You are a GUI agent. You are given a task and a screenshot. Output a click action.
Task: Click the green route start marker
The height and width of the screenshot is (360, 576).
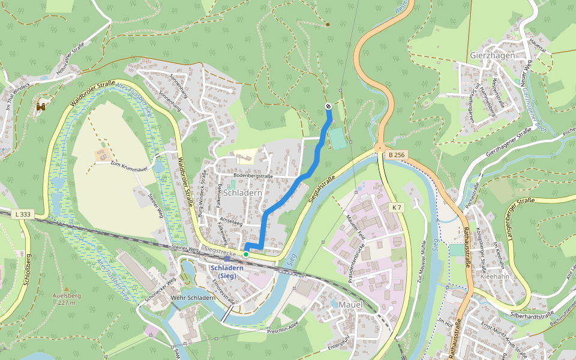[x=246, y=254]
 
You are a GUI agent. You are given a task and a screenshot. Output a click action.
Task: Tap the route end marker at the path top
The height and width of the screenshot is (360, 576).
[x=328, y=106]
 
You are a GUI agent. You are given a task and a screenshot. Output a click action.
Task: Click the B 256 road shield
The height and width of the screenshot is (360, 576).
[x=397, y=155]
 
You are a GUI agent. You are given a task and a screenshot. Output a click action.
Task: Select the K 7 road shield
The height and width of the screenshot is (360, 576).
[x=396, y=207]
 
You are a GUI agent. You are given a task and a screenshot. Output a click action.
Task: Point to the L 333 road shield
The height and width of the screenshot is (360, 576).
[x=23, y=214]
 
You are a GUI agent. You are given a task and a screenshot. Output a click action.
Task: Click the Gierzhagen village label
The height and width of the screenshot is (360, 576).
[x=493, y=55]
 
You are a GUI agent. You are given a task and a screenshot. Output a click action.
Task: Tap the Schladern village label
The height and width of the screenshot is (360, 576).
[x=243, y=193]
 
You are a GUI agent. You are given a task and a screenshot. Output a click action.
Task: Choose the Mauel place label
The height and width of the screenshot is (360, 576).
[x=351, y=305]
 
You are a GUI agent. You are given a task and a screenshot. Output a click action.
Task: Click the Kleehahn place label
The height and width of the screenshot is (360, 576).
[x=495, y=277]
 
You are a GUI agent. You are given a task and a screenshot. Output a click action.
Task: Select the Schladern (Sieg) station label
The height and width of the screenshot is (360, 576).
[x=227, y=271]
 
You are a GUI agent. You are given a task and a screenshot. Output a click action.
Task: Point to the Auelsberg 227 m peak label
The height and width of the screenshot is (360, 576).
[x=64, y=299]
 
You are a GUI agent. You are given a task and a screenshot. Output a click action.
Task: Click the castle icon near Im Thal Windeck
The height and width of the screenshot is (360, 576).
[x=41, y=107]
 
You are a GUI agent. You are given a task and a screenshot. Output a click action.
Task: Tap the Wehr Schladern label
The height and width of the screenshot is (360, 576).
[x=193, y=298]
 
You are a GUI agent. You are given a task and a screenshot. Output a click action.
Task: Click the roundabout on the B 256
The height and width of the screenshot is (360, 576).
[x=379, y=147]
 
